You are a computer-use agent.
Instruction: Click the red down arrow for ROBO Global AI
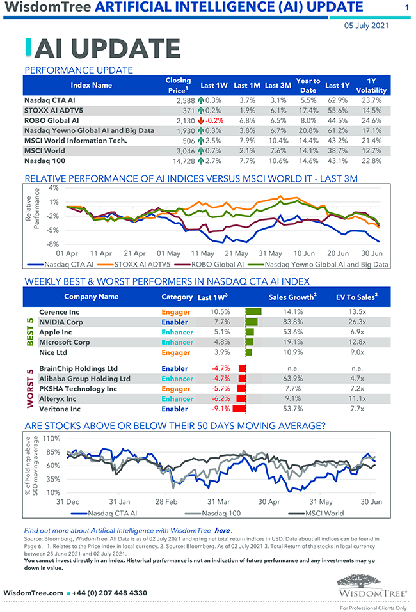200,120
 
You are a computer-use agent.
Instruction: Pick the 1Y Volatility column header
371,85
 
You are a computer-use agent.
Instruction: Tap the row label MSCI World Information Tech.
76,141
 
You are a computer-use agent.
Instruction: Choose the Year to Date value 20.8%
308,130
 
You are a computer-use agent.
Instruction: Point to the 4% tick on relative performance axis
53,189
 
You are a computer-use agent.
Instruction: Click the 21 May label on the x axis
237,253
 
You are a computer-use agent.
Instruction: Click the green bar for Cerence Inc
254,312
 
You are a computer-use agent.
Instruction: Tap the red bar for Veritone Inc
239,409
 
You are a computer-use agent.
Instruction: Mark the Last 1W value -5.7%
220,389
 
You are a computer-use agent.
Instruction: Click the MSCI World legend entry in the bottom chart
315,513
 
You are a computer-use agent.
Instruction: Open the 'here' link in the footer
222,531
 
